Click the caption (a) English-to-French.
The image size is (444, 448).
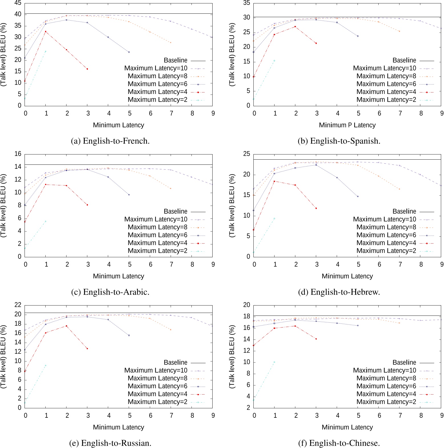point(110,141)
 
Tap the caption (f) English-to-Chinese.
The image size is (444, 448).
point(339,443)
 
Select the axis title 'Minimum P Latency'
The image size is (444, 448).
point(347,125)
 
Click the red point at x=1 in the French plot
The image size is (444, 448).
point(45,31)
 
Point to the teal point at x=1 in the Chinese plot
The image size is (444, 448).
point(274,362)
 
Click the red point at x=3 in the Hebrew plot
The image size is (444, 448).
point(316,208)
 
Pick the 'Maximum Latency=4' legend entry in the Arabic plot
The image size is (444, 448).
point(158,243)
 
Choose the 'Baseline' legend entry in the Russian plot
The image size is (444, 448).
point(175,362)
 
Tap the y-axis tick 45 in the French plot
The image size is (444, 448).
point(18,3)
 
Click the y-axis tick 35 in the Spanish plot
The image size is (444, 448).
point(247,3)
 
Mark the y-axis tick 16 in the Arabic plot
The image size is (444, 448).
point(18,154)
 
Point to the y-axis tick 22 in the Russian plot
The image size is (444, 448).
point(18,305)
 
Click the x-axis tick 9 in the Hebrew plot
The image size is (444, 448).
point(441,264)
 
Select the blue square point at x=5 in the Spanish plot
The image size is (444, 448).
point(358,36)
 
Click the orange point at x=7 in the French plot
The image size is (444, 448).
point(171,43)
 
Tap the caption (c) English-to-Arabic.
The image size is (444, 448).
point(110,292)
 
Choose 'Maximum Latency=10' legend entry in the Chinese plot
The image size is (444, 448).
point(384,370)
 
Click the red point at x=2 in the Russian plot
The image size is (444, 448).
point(66,326)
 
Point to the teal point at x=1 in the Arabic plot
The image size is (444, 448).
point(45,221)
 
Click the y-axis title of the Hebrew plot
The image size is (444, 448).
point(232,206)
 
